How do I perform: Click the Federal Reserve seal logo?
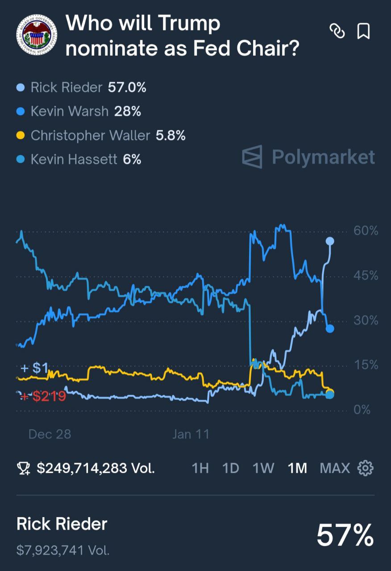37,35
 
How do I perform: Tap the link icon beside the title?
337,31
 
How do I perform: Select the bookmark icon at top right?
363,31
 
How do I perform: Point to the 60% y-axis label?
366,231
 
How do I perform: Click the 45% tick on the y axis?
366,276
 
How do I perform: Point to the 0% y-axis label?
362,410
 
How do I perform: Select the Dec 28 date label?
50,434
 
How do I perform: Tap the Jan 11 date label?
191,434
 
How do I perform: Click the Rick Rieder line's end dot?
330,241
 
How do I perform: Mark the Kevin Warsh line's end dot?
330,329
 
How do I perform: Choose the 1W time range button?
263,468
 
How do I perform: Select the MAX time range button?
335,468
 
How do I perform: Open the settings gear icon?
366,468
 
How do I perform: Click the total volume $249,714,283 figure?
96,468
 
